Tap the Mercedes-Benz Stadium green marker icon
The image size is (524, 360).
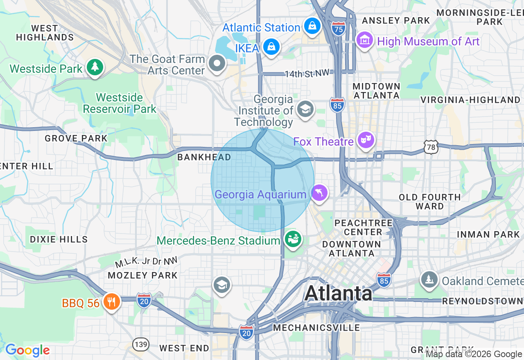[x=293, y=239]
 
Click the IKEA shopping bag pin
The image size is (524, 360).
[x=271, y=47]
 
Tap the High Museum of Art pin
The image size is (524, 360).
[x=364, y=40]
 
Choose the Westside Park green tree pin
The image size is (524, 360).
[x=95, y=67]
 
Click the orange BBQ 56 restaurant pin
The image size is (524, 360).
[x=111, y=302]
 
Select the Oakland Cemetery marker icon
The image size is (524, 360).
[x=429, y=280]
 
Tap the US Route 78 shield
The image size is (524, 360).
[x=431, y=147]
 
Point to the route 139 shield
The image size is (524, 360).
[x=141, y=344]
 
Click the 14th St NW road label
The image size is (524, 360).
[x=307, y=74]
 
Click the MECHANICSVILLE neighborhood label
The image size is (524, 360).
[x=316, y=328]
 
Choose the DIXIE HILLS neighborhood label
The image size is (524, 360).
[x=59, y=239]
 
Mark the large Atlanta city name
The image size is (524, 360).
[x=338, y=293]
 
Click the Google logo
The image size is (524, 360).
[x=27, y=351]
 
